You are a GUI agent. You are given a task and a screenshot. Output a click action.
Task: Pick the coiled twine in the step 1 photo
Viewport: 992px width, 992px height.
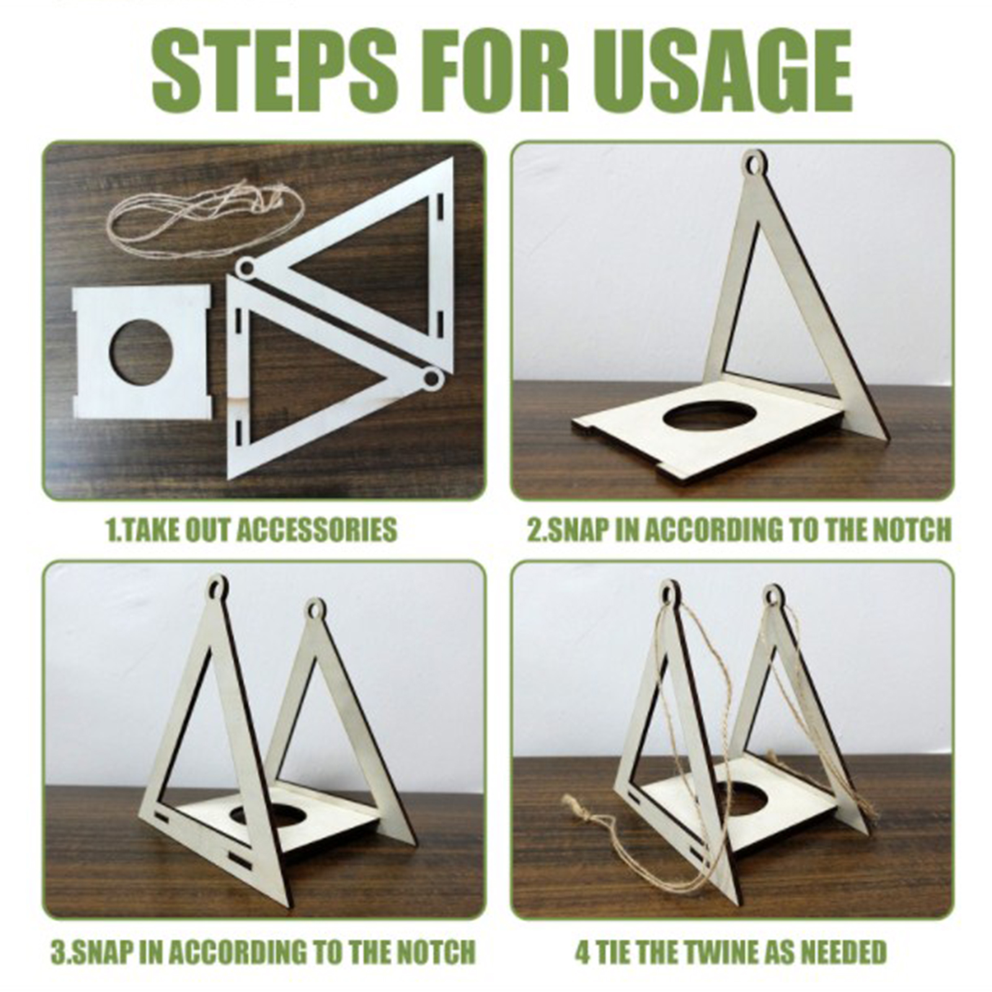click(205, 217)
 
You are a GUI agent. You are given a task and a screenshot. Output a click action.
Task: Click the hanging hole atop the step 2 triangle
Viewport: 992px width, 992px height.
click(754, 166)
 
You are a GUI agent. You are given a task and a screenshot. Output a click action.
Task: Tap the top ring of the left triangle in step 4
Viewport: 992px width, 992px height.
click(668, 592)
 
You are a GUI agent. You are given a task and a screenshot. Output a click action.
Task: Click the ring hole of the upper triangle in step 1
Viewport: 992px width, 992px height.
click(246, 268)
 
